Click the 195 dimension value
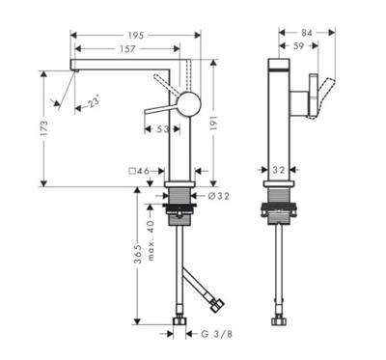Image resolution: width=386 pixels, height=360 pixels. click(136, 35)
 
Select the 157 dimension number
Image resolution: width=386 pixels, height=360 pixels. click(127, 48)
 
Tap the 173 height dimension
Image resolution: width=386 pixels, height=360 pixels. click(44, 127)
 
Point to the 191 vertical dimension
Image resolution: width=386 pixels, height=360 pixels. click(214, 123)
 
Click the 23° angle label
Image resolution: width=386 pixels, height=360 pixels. click(94, 103)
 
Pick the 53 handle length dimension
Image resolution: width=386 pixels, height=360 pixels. click(163, 129)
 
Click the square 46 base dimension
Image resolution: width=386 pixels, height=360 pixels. click(140, 171)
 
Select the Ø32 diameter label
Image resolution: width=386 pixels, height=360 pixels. click(218, 196)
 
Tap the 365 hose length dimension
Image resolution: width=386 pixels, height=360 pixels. click(138, 254)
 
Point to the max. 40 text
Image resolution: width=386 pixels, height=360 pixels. click(151, 240)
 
